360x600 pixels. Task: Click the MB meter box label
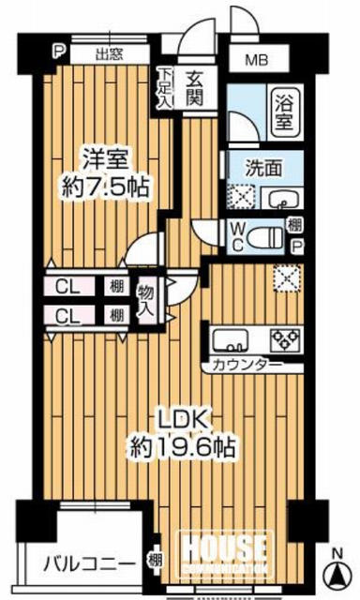pyautogui.click(x=257, y=60)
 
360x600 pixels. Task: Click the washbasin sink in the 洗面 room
pyautogui.click(x=282, y=199)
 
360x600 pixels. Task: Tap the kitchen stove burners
pyautogui.click(x=285, y=339)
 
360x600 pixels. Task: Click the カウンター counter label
pyautogui.click(x=243, y=366)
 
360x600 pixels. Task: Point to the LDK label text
pyautogui.click(x=184, y=419)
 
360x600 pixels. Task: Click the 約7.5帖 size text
pyautogui.click(x=105, y=187)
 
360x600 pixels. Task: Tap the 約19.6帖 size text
pyautogui.click(x=182, y=448)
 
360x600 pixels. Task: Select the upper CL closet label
pyautogui.click(x=67, y=287)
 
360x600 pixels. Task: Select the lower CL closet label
pyautogui.click(x=67, y=317)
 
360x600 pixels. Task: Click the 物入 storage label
pyautogui.click(x=147, y=301)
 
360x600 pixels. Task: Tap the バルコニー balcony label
pyautogui.click(x=89, y=563)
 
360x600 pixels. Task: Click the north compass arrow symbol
pyautogui.click(x=337, y=572)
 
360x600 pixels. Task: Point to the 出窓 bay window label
pyautogui.click(x=109, y=54)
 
